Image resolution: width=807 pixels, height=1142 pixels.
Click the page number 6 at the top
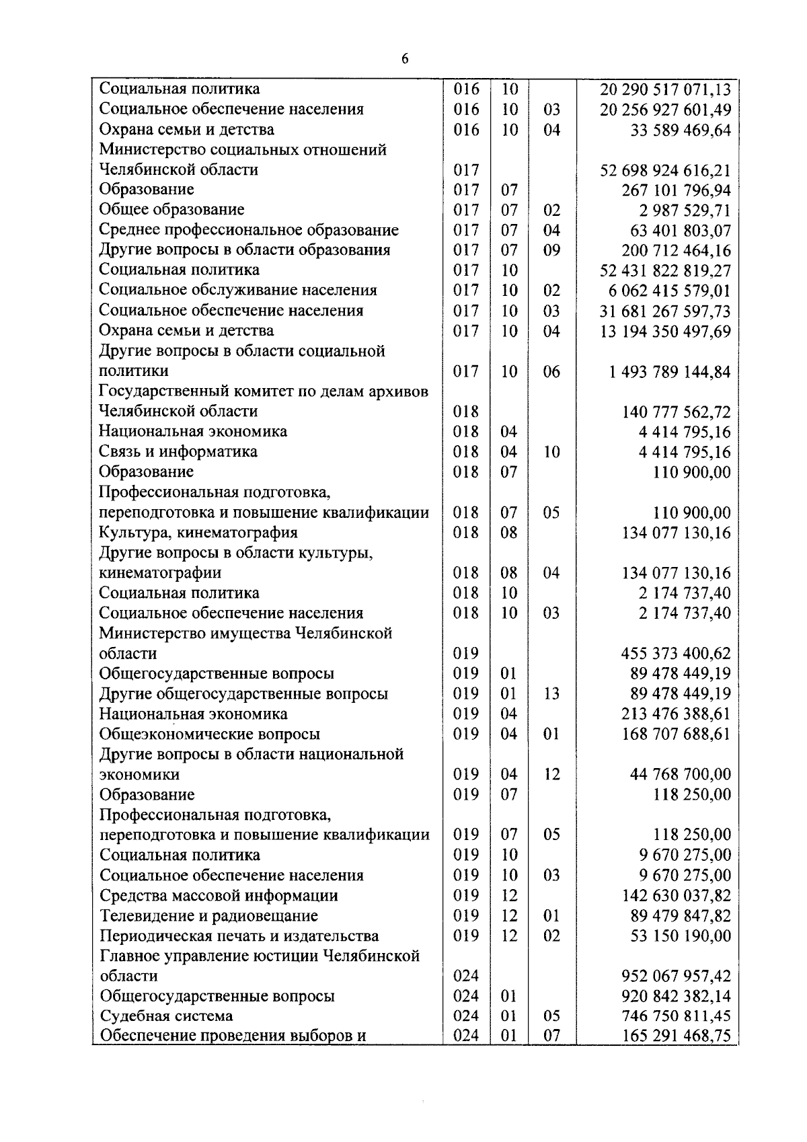click(x=405, y=59)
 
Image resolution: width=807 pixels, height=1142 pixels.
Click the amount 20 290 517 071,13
click(x=664, y=89)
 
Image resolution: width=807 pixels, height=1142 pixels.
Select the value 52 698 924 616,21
click(x=664, y=170)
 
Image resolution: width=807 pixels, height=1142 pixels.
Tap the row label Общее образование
click(x=171, y=210)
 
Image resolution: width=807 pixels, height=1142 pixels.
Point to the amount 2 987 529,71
click(x=685, y=211)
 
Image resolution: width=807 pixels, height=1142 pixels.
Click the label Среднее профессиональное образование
click(x=249, y=230)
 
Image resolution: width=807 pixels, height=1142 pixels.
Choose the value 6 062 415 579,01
click(x=669, y=291)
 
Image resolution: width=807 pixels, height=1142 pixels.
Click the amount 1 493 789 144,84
click(x=669, y=372)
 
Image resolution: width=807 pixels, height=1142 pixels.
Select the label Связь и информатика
click(x=178, y=451)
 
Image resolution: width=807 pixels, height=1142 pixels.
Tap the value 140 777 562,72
click(x=676, y=412)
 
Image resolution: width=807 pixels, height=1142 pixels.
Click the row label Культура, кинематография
click(x=198, y=533)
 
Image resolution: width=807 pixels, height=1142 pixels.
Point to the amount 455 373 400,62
click(x=676, y=654)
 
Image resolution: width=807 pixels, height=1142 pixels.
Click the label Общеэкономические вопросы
click(x=210, y=734)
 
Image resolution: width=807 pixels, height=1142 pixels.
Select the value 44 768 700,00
click(x=680, y=775)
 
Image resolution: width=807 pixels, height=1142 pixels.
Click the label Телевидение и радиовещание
click(x=209, y=916)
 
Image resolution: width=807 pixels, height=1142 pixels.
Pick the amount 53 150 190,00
click(x=680, y=936)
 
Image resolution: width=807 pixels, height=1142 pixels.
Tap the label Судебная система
click(x=166, y=1016)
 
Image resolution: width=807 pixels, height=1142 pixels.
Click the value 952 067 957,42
click(x=676, y=976)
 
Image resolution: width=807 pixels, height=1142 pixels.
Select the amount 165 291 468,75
click(x=676, y=1036)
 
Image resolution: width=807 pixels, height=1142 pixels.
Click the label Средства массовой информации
click(x=219, y=896)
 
